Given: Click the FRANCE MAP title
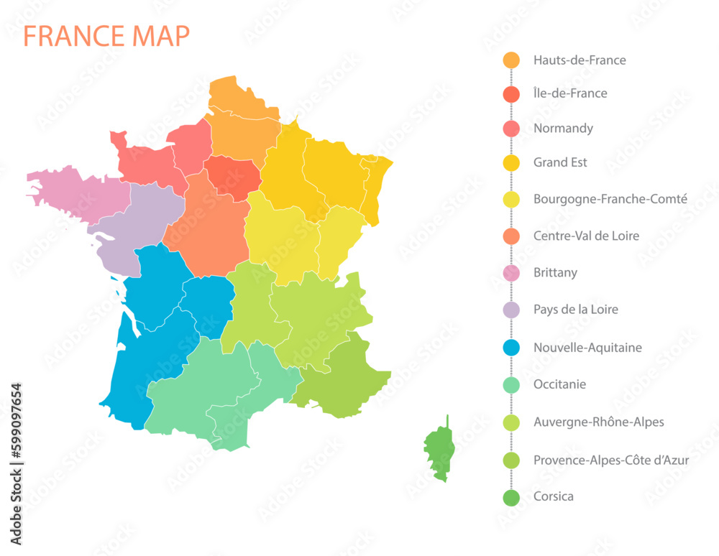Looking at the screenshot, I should pos(107,35).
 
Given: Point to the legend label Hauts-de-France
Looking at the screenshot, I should pos(579,60).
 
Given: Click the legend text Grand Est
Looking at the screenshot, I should pos(559,162).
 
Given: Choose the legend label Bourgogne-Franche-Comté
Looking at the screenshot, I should pos(610,199).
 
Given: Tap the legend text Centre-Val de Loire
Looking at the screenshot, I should pos(585,236).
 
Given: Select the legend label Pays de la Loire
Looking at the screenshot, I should pos(575,310).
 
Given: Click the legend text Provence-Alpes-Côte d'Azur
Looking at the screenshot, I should pos(610,460).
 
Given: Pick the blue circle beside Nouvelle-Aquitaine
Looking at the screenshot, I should pos(511,348).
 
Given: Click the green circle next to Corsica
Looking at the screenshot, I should pos(511,496).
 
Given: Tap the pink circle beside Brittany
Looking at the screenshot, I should pos(511,273).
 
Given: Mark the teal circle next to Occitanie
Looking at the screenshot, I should pos(511,384).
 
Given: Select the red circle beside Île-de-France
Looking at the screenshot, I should pos(511,93).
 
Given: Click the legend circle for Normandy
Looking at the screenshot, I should pos(511,129).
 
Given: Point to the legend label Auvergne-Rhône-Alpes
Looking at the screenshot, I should pos(598,422).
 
